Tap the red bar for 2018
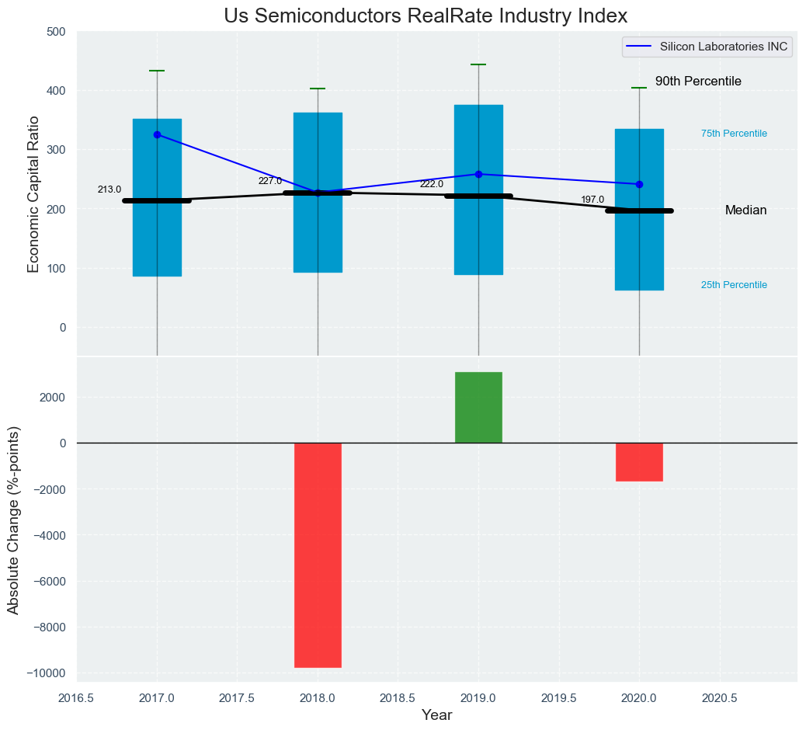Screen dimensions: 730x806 pos(318,554)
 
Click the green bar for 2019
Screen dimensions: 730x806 pos(478,408)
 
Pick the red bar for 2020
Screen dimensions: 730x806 pos(639,462)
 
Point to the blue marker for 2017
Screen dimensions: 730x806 pos(157,134)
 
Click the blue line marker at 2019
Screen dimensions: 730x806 pos(478,174)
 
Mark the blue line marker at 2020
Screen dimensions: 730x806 pos(639,184)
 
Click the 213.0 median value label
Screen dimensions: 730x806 pos(109,189)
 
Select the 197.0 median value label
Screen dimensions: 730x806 pos(592,200)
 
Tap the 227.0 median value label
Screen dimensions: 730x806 pos(270,181)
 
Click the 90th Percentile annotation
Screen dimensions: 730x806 pos(698,82)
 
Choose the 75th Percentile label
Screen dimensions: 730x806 pos(734,134)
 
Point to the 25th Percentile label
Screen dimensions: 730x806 pos(734,285)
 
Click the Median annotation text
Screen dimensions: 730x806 pos(745,210)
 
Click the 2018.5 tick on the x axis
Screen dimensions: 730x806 pos(398,698)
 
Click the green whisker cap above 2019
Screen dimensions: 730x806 pos(478,64)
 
